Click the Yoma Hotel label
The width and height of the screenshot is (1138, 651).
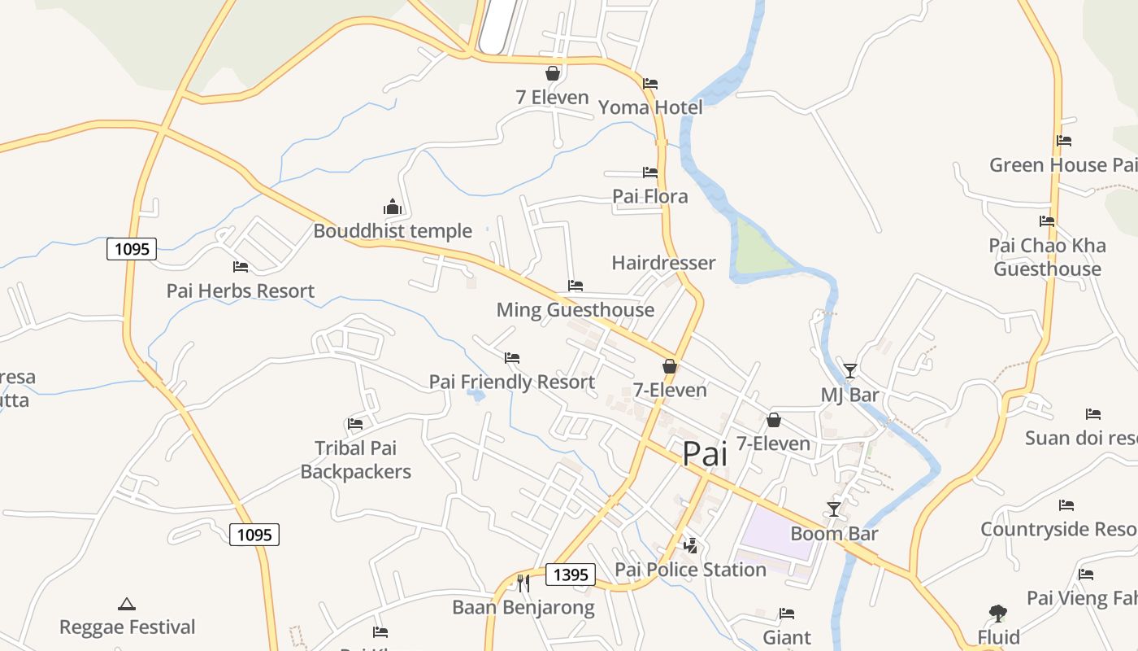click(x=650, y=107)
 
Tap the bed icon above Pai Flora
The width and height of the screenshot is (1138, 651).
click(x=649, y=173)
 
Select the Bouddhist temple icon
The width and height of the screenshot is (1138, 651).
click(x=393, y=207)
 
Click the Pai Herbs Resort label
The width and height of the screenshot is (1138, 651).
click(x=240, y=291)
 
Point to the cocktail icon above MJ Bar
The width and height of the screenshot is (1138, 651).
click(x=850, y=371)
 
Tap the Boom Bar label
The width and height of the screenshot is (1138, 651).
click(x=834, y=534)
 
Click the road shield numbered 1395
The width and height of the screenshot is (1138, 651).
click(x=570, y=575)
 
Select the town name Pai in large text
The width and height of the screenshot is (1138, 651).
click(x=705, y=454)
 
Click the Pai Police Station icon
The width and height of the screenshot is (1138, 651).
click(x=690, y=545)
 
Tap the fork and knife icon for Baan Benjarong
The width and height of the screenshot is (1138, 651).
click(x=523, y=583)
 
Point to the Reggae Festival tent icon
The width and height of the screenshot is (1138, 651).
click(x=126, y=604)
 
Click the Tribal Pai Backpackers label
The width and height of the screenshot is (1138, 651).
click(x=356, y=460)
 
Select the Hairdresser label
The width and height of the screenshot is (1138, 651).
click(x=663, y=263)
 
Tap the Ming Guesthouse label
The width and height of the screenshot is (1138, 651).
click(x=575, y=310)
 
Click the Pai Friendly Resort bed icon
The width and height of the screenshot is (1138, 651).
click(x=511, y=357)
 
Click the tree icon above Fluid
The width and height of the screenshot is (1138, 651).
click(x=998, y=614)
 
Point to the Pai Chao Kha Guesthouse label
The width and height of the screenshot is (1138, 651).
click(x=1047, y=257)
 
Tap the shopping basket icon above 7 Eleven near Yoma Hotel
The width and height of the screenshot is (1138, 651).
click(x=553, y=74)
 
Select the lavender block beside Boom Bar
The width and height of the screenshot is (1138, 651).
click(x=776, y=530)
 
